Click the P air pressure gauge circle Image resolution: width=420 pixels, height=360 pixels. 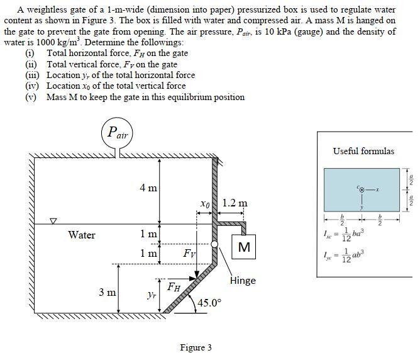[x=117, y=133]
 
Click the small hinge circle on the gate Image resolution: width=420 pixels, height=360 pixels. [x=214, y=244]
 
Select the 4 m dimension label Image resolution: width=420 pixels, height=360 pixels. [x=149, y=188]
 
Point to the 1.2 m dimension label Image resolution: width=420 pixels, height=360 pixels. [x=235, y=203]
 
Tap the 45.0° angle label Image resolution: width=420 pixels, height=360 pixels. [x=209, y=303]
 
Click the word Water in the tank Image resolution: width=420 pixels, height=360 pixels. [x=82, y=235]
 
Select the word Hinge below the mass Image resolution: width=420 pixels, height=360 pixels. [x=243, y=281]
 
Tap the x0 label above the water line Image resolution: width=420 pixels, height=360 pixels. [x=204, y=204]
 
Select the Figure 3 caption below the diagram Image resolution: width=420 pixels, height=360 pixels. [x=196, y=347]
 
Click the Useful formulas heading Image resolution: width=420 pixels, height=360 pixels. [x=363, y=151]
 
